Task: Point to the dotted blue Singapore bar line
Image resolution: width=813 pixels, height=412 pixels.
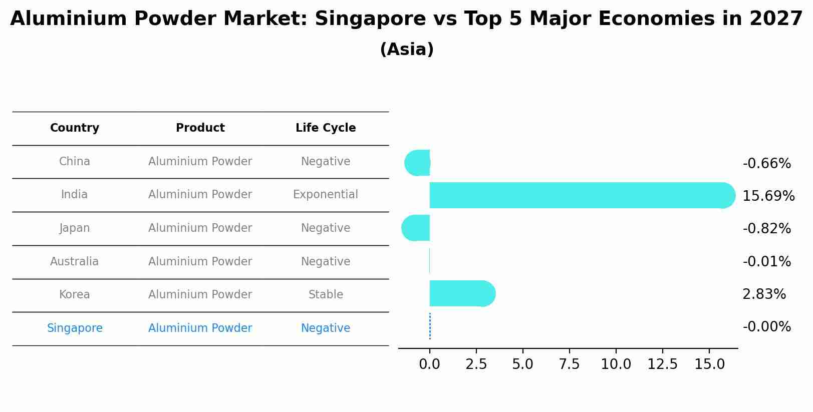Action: pyautogui.click(x=430, y=326)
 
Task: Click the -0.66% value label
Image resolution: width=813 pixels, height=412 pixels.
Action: pyautogui.click(x=766, y=164)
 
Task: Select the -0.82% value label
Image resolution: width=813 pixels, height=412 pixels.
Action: pyautogui.click(x=766, y=229)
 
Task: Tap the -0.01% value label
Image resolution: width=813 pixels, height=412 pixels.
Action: pyautogui.click(x=766, y=262)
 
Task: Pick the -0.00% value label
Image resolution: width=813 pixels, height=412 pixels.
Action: pyautogui.click(x=766, y=327)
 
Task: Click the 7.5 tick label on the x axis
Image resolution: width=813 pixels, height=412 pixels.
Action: pyautogui.click(x=569, y=364)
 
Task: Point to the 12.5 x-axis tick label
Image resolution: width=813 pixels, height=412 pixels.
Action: pyautogui.click(x=662, y=364)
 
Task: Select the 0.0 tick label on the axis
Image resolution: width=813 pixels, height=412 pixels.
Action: pyautogui.click(x=429, y=364)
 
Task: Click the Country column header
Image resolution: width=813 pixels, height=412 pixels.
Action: pyautogui.click(x=75, y=128)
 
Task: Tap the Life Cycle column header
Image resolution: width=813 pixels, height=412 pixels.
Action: pyautogui.click(x=326, y=128)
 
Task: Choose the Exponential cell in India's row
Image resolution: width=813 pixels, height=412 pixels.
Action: pyautogui.click(x=326, y=195)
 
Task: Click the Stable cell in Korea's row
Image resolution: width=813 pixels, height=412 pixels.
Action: pyautogui.click(x=326, y=295)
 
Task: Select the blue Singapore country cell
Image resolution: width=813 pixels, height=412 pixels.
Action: pyautogui.click(x=75, y=328)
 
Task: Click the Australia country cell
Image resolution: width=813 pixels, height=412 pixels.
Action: pyautogui.click(x=75, y=262)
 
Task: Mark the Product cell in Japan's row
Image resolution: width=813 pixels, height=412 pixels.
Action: pyautogui.click(x=200, y=228)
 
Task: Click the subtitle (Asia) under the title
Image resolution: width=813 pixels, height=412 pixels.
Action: pyautogui.click(x=407, y=50)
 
